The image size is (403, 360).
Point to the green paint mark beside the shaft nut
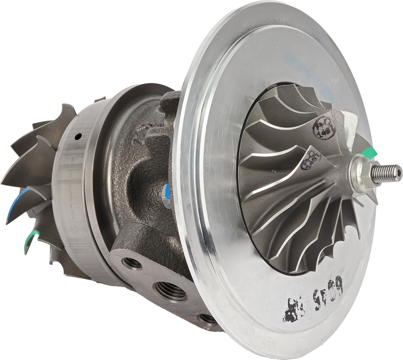(371, 152)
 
